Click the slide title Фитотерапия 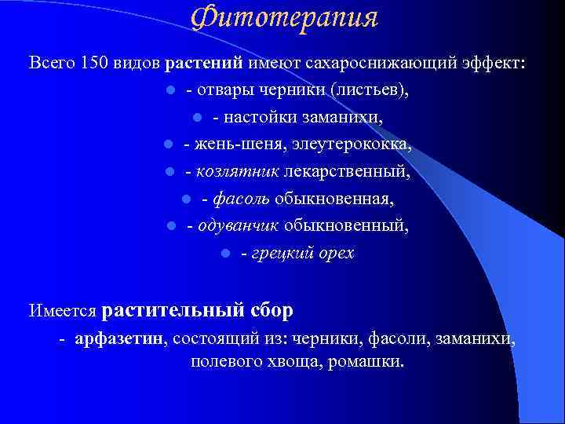[x=284, y=17]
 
